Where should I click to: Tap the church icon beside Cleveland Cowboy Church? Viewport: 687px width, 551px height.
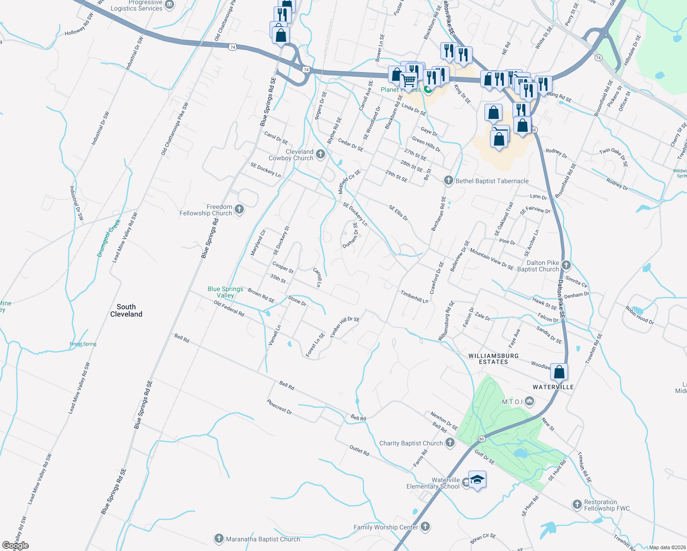click(x=321, y=154)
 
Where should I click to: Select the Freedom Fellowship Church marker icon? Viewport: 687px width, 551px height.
click(x=239, y=209)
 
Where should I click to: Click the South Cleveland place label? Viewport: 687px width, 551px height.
click(x=126, y=310)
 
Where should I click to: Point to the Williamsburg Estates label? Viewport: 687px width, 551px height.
click(x=493, y=359)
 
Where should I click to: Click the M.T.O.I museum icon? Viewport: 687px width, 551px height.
click(x=529, y=402)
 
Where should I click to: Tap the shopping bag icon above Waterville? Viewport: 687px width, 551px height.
click(x=559, y=371)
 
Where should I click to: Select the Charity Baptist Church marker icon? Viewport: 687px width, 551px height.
click(x=450, y=443)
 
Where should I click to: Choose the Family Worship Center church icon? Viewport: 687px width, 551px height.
click(x=425, y=527)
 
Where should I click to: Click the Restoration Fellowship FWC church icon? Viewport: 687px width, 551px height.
click(x=577, y=505)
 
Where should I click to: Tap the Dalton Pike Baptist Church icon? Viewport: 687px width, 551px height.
click(x=566, y=265)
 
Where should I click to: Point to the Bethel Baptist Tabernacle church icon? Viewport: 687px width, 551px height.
click(x=449, y=180)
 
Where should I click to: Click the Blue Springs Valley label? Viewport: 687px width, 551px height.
click(x=225, y=292)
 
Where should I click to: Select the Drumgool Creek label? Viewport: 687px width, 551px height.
click(x=109, y=238)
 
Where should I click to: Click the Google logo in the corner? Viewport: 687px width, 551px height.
click(x=15, y=545)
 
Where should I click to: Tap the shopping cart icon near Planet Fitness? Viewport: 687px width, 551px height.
click(x=408, y=81)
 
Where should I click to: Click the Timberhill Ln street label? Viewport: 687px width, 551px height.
click(x=414, y=297)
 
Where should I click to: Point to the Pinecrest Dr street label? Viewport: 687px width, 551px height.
click(x=279, y=406)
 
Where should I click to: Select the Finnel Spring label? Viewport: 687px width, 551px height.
click(x=83, y=344)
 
